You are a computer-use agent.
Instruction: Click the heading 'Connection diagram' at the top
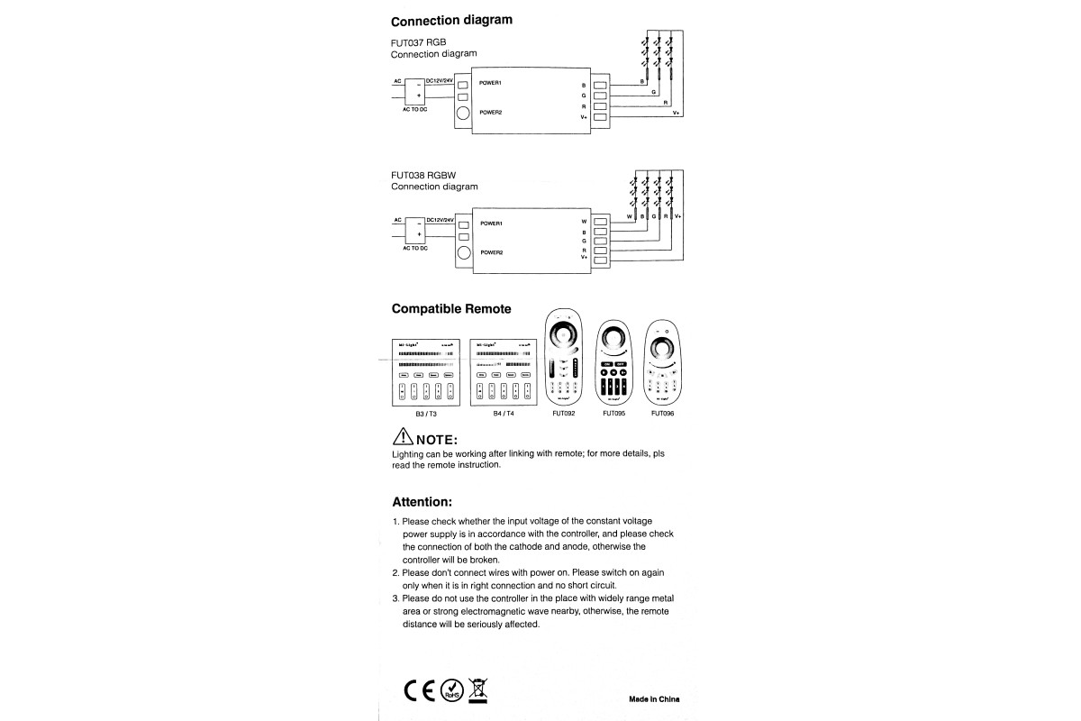point(451,20)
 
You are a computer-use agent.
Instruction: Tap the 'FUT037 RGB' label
point(419,42)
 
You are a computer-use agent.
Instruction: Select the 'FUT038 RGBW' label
point(424,175)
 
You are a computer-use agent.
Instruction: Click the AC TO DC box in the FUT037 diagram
point(414,91)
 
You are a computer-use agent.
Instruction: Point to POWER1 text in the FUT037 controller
point(490,83)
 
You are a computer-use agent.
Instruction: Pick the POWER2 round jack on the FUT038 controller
point(464,252)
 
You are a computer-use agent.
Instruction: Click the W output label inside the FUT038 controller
point(584,221)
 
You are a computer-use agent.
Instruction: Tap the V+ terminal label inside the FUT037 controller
point(584,117)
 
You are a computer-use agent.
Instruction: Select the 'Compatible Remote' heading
point(450,308)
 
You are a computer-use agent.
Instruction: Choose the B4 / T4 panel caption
point(504,414)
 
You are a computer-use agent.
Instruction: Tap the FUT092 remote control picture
point(564,357)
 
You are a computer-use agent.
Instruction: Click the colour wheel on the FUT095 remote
point(614,341)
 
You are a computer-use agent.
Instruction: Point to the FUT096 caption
point(662,414)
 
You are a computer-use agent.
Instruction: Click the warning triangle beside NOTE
point(402,438)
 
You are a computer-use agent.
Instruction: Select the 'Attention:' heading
point(422,501)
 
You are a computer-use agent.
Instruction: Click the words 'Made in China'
point(654,698)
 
